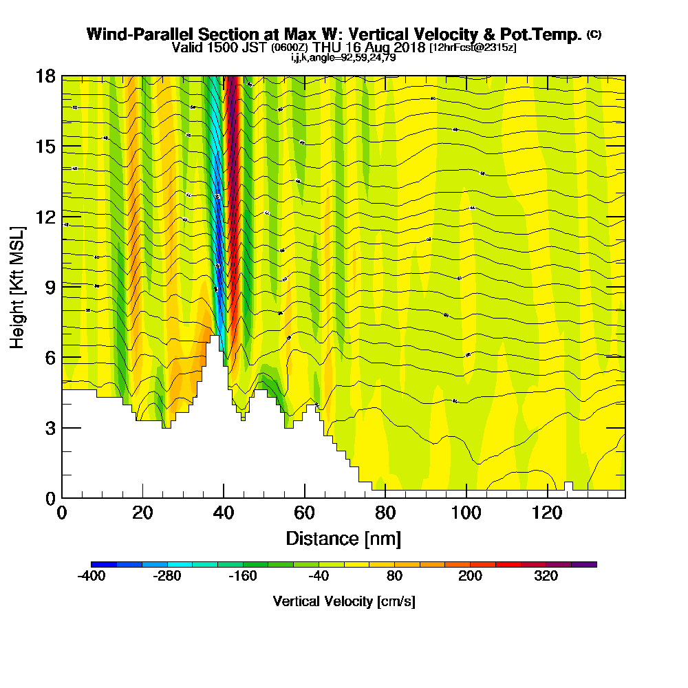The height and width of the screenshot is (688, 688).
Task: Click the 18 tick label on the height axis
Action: point(45,76)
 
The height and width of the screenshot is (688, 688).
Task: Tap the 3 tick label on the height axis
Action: point(50,428)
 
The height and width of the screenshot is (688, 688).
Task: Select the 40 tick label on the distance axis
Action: point(223,513)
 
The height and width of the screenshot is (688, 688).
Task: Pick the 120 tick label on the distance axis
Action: point(547,513)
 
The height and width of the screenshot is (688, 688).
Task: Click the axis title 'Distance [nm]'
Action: point(343,538)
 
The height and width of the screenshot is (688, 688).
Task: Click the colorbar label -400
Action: point(91,577)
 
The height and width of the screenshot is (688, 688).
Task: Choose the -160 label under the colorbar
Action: point(243,577)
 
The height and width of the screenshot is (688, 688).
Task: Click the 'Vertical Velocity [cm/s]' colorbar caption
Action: point(343,601)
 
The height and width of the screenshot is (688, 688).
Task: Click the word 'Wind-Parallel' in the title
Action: point(128,34)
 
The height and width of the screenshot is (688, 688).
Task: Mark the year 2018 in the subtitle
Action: point(411,47)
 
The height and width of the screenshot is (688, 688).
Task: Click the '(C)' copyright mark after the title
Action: point(594,34)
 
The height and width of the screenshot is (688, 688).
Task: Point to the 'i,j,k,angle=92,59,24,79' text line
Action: point(343,58)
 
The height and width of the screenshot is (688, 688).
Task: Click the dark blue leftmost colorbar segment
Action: point(104,564)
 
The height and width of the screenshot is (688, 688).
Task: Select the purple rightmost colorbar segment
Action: point(583,564)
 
